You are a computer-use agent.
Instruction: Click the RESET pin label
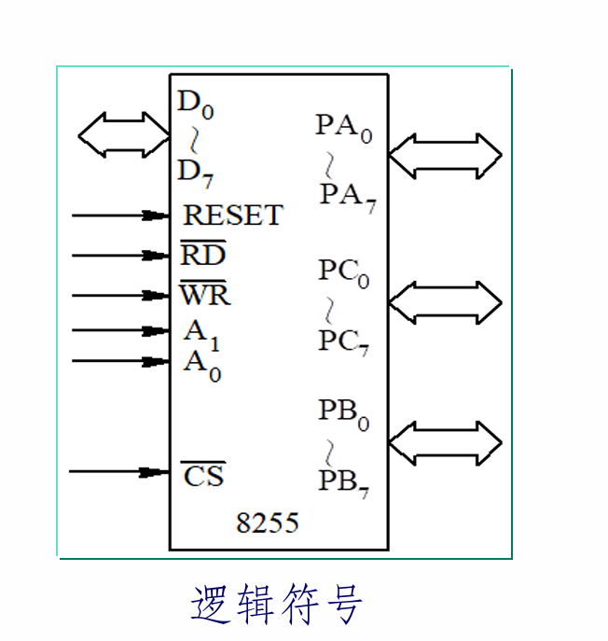(232, 215)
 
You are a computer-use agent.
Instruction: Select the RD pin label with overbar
(203, 254)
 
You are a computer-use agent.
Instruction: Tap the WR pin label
(205, 295)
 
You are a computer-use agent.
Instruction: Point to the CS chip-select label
(203, 475)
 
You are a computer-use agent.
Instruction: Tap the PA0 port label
(343, 127)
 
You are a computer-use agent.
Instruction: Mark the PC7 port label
(343, 342)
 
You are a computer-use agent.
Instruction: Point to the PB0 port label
(343, 412)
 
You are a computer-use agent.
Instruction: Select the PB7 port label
(343, 481)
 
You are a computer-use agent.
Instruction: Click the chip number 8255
(268, 523)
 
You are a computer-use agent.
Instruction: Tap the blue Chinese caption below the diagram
(276, 605)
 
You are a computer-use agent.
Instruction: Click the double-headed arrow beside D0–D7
(123, 135)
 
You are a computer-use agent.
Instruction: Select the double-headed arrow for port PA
(445, 156)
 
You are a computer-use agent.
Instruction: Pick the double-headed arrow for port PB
(445, 443)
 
